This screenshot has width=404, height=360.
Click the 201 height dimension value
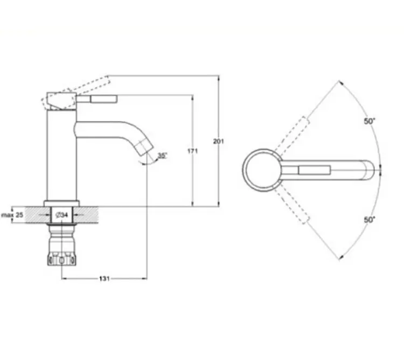219,142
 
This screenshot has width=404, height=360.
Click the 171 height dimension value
192,151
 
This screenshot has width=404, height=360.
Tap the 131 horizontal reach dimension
105,278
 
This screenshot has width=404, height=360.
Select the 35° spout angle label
162,156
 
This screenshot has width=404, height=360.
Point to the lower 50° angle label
370,220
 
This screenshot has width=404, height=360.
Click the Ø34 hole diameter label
62,215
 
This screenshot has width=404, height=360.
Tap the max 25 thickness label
12,215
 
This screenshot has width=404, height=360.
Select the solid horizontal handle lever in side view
97,99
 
